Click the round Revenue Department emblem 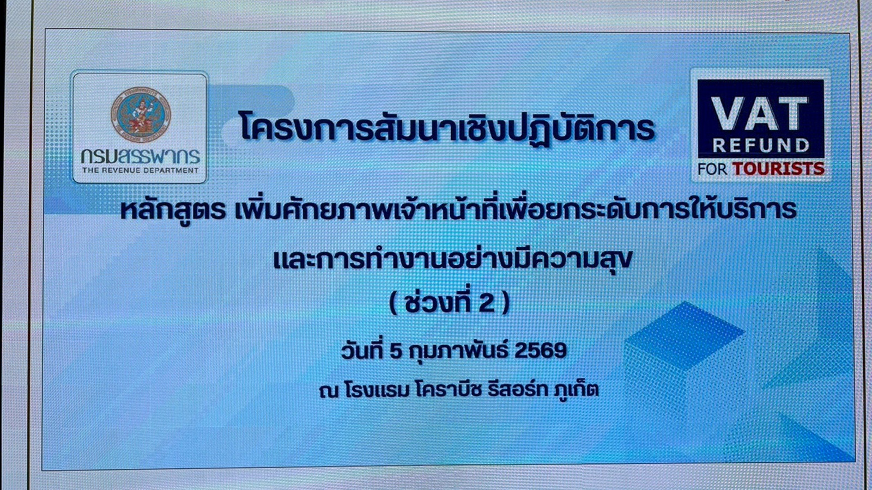click(141, 113)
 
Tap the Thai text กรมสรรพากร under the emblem click(141, 156)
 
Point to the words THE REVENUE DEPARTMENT click(141, 170)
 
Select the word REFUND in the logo click(761, 145)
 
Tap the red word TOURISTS click(778, 169)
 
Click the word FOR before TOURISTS click(712, 169)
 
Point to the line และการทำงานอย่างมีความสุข click(452, 259)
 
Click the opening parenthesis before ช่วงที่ click(394, 303)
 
